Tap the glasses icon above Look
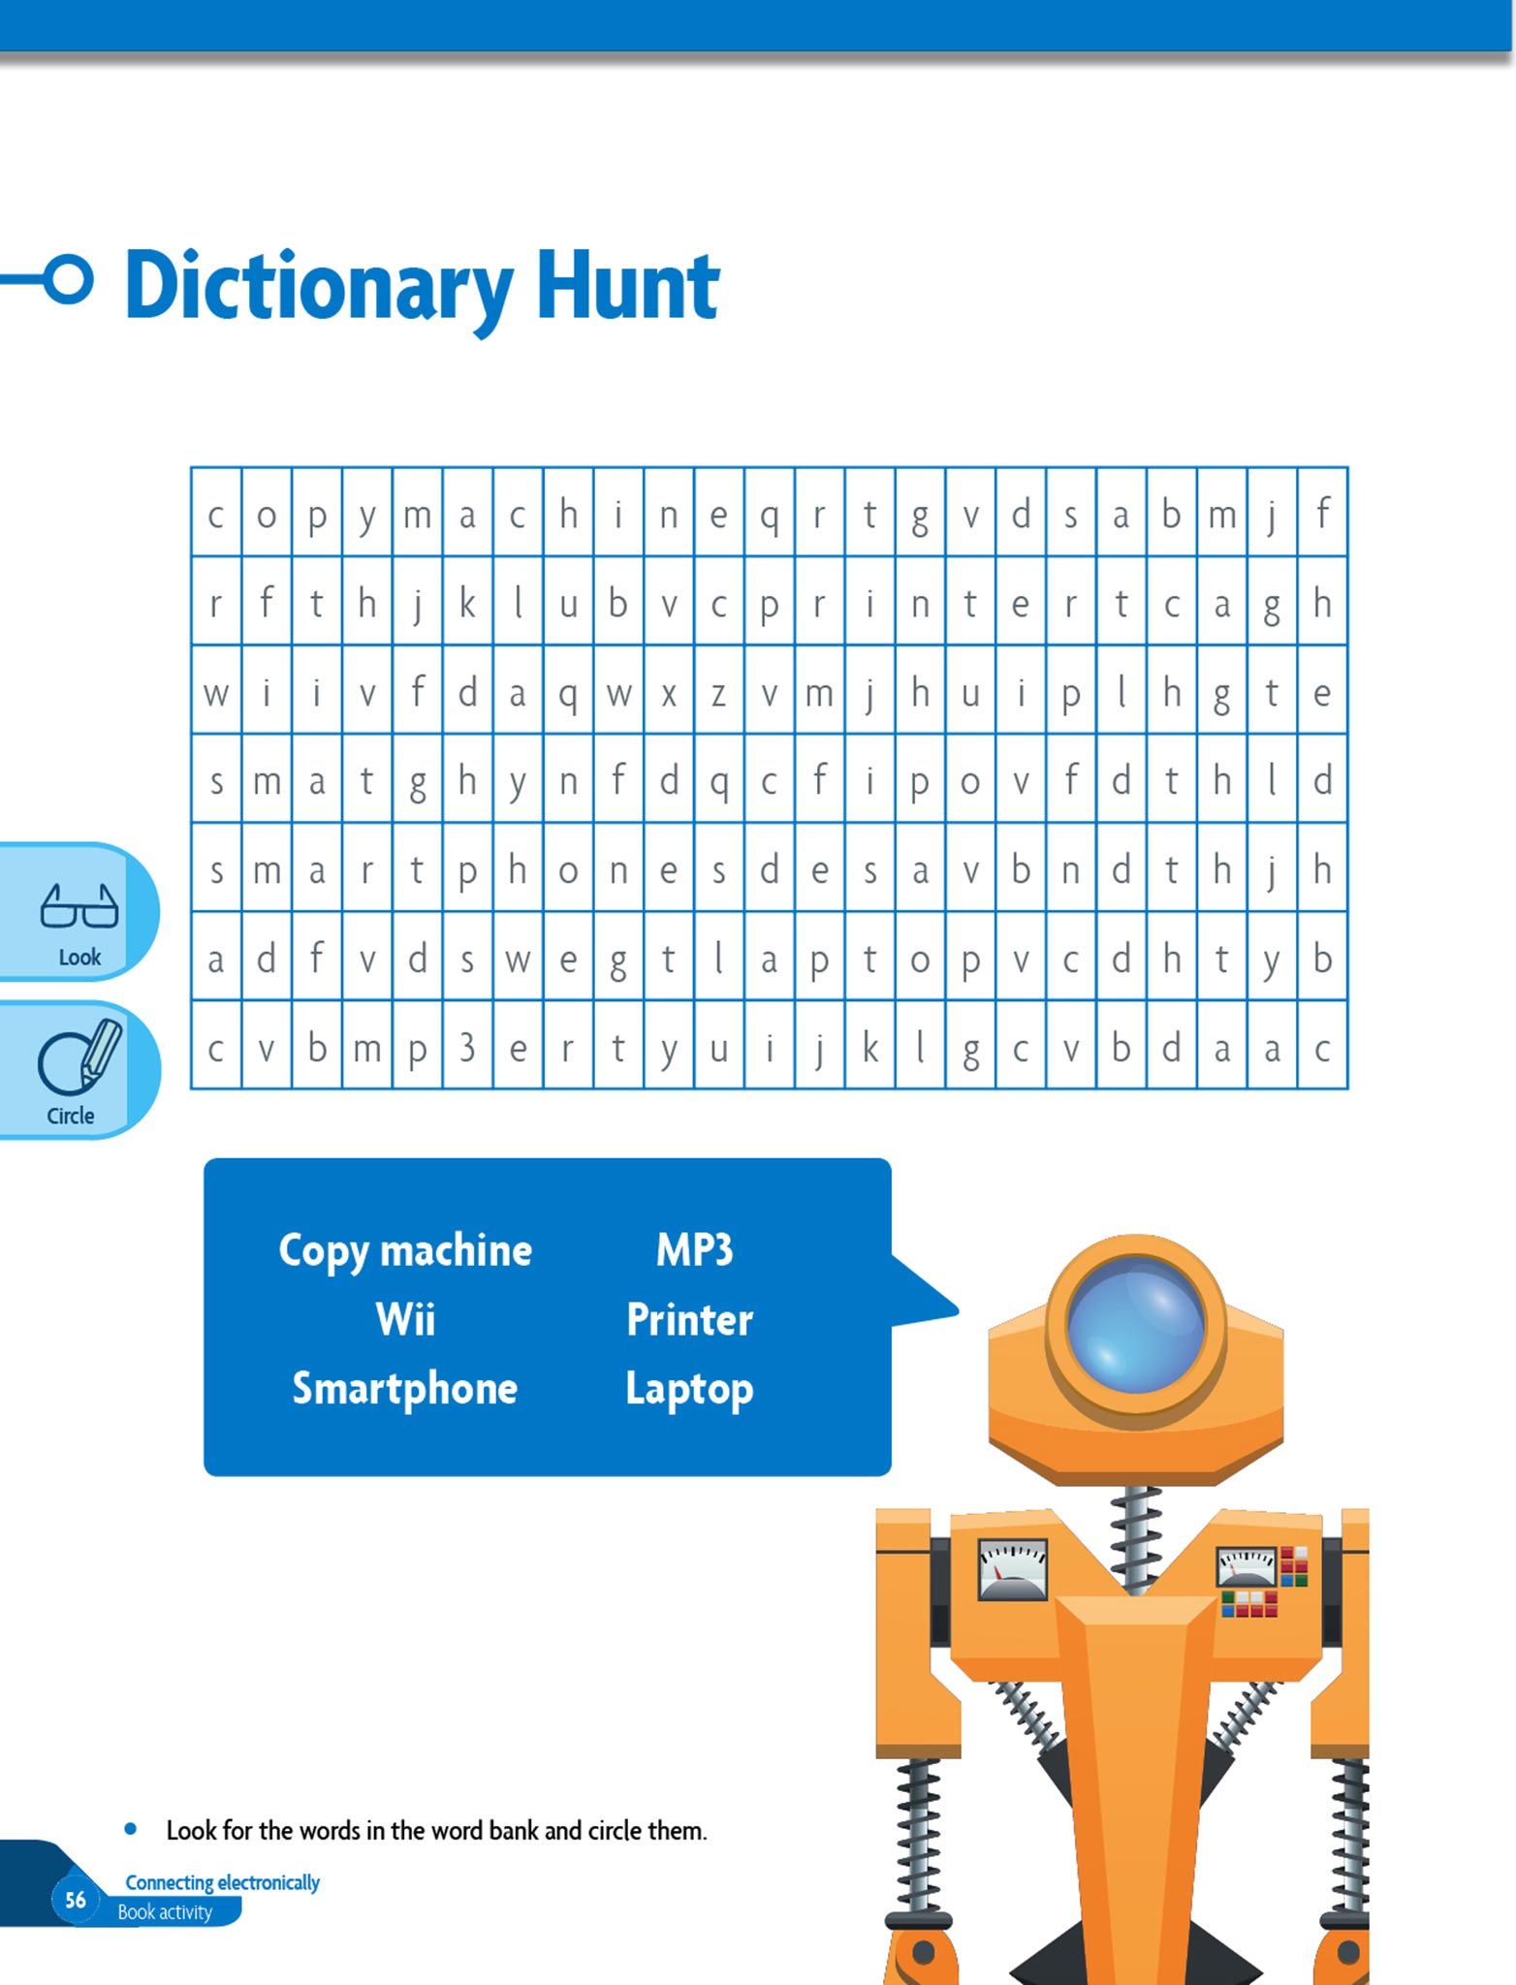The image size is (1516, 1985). click(79, 906)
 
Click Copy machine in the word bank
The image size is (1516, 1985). click(405, 1250)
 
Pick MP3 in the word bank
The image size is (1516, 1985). click(694, 1249)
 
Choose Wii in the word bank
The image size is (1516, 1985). click(405, 1319)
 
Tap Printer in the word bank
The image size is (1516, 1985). click(689, 1319)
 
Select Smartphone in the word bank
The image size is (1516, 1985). click(405, 1389)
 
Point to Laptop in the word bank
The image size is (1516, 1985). click(689, 1389)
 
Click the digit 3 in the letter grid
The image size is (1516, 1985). click(467, 1047)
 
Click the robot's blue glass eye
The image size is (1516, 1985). click(1135, 1325)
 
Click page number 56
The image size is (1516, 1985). click(76, 1899)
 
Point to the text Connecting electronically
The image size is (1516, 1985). click(222, 1882)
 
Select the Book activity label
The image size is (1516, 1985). click(165, 1912)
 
